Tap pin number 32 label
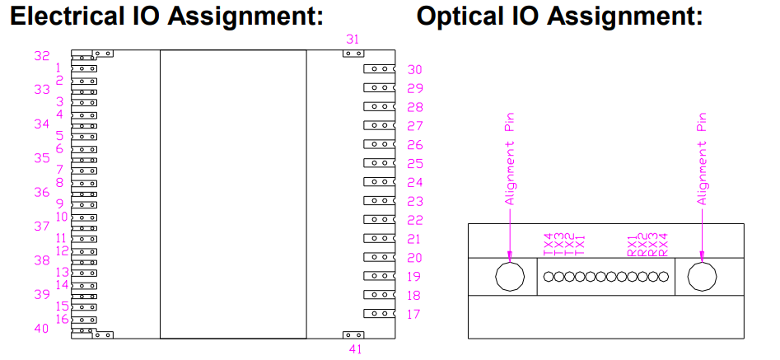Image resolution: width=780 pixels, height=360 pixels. click(42, 56)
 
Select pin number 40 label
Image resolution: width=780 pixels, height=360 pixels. click(42, 328)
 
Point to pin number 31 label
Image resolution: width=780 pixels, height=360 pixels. click(353, 39)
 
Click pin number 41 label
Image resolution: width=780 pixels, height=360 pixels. click(356, 349)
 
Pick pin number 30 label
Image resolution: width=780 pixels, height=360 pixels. click(414, 70)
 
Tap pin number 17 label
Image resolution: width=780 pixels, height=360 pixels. click(414, 314)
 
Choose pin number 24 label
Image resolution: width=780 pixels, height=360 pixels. click(414, 183)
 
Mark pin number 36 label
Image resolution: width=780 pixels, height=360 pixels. click(42, 192)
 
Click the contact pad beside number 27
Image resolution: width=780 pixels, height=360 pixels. click(379, 125)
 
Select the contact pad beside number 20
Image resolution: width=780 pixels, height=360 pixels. click(379, 257)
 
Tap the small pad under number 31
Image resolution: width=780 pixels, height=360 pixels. click(353, 54)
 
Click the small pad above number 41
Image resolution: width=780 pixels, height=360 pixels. click(353, 334)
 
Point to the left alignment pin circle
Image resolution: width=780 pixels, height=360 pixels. click(509, 277)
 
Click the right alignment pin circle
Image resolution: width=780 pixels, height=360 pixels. click(702, 277)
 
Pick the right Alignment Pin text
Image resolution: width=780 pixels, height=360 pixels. click(703, 159)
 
